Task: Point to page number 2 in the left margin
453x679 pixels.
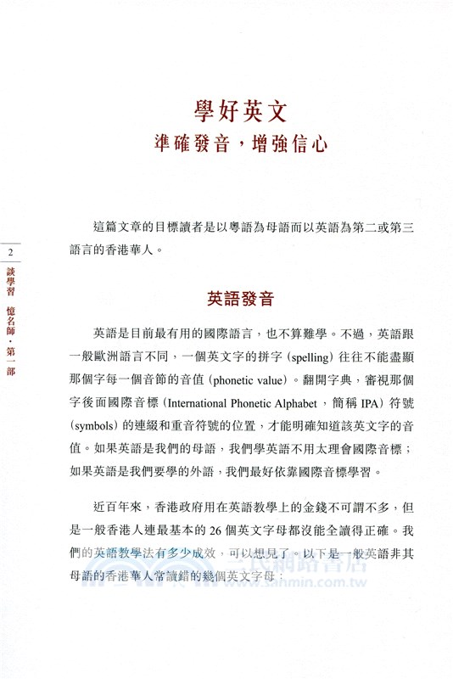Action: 10,254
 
